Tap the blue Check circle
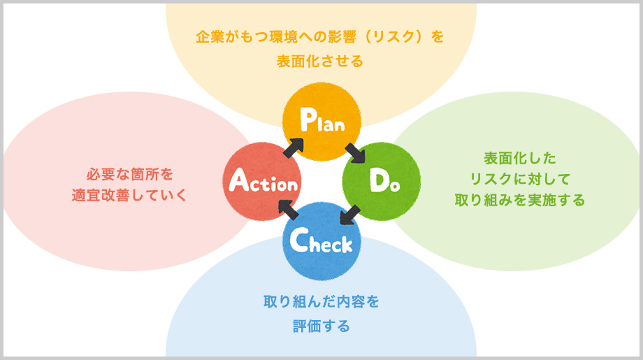(x=321, y=241)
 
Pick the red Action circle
(x=262, y=183)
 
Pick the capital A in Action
(x=238, y=182)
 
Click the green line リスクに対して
(x=520, y=178)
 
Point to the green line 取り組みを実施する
(x=520, y=201)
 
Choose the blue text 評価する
(x=321, y=326)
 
